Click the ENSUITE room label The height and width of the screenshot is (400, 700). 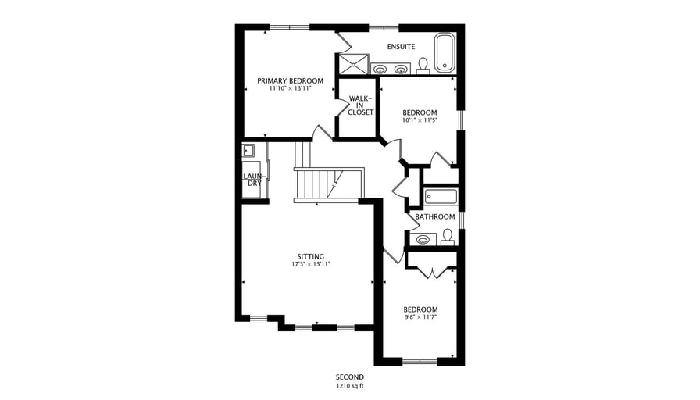coord(401,46)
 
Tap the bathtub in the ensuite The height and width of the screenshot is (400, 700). coord(445,52)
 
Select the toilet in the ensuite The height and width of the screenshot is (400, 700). coord(423,66)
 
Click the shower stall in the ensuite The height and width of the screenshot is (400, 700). coord(353,64)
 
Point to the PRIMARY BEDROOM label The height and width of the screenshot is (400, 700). coord(290,80)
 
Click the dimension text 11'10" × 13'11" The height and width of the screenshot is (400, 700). coord(290,88)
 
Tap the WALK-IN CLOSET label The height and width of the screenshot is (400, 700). coord(360,105)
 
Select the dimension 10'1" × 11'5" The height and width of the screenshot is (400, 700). coord(420,120)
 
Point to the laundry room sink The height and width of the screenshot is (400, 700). coord(248,151)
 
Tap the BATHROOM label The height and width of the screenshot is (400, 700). coord(435,217)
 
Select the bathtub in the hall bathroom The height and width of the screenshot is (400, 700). coord(441,196)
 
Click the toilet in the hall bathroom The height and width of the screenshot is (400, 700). coord(448,237)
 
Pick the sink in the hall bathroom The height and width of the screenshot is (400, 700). coord(423,240)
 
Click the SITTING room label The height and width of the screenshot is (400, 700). coord(311,257)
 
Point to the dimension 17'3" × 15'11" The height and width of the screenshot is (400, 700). coord(311,264)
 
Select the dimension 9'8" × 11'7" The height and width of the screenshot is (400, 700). coord(420,317)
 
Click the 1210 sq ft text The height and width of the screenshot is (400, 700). coord(350,385)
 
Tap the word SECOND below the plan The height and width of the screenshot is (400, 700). coord(350,377)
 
